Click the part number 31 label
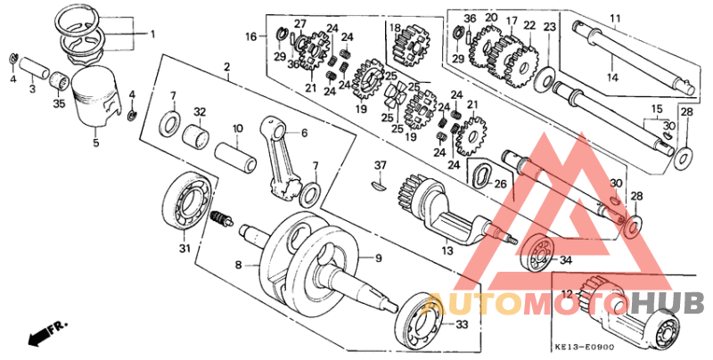coord(185,249)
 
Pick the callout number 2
coord(226,67)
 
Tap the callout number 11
coord(615,18)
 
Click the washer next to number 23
coord(543,81)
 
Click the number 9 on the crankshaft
coord(377,258)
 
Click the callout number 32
coord(200,112)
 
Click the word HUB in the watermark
coord(668,303)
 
